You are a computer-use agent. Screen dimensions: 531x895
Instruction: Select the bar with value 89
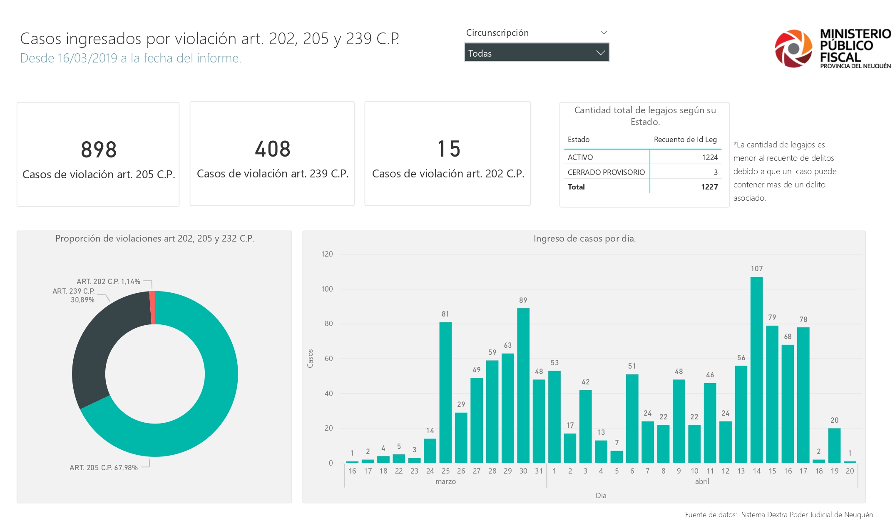tap(523, 385)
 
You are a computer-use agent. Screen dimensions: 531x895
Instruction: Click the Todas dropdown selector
tap(537, 53)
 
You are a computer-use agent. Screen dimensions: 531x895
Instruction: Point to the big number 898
tap(99, 150)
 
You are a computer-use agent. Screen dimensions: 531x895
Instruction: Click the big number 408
tap(273, 149)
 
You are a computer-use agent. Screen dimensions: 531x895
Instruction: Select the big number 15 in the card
tap(449, 149)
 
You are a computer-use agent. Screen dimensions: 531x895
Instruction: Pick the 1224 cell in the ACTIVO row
tap(709, 157)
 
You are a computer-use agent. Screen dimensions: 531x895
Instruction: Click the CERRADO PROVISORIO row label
tap(606, 172)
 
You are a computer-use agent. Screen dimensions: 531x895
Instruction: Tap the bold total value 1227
tap(709, 187)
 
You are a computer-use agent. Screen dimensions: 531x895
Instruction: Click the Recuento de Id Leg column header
tap(685, 140)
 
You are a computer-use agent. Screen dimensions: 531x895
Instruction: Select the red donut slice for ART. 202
tap(152, 307)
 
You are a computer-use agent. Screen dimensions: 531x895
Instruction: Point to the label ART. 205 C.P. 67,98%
tap(104, 468)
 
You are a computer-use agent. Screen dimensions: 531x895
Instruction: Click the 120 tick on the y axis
tap(327, 254)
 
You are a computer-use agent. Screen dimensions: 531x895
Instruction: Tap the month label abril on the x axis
tap(702, 481)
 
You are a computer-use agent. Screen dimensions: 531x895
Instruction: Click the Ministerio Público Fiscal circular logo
tap(793, 48)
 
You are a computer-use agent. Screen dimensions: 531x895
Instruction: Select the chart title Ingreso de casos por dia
tap(584, 239)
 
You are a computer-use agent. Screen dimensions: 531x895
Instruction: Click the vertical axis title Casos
tap(310, 358)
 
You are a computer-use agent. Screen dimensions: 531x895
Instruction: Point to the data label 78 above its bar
tap(803, 319)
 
